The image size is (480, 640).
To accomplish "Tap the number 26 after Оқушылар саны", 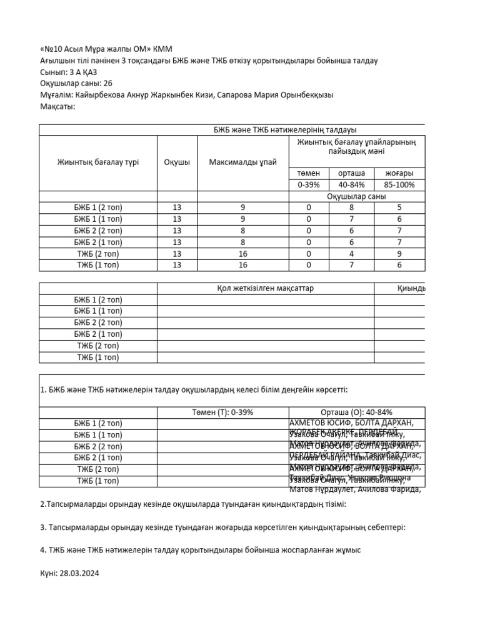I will point(107,83).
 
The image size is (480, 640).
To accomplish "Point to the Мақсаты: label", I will point(57,106).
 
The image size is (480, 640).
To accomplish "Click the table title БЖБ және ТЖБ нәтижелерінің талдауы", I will point(285,130).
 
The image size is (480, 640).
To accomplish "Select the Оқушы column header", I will point(177,162).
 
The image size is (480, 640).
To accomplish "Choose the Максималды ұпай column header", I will point(242,162).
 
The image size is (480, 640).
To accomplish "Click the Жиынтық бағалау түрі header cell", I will point(98,162).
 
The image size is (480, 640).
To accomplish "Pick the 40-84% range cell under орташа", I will point(351,185).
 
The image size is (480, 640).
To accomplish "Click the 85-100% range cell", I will point(399,185).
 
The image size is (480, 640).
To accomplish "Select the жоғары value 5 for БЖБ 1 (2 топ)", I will point(399,207).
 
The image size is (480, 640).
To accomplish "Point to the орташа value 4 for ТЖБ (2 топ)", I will point(351,254).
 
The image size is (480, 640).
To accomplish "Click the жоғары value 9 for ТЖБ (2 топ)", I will point(399,254).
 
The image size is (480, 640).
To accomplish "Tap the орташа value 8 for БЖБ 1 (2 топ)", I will point(351,207).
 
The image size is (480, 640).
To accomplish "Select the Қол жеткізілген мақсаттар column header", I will point(266,288).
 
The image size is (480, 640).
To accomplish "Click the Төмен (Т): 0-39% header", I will point(222,412).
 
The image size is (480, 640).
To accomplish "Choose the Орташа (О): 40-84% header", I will point(356,412).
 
